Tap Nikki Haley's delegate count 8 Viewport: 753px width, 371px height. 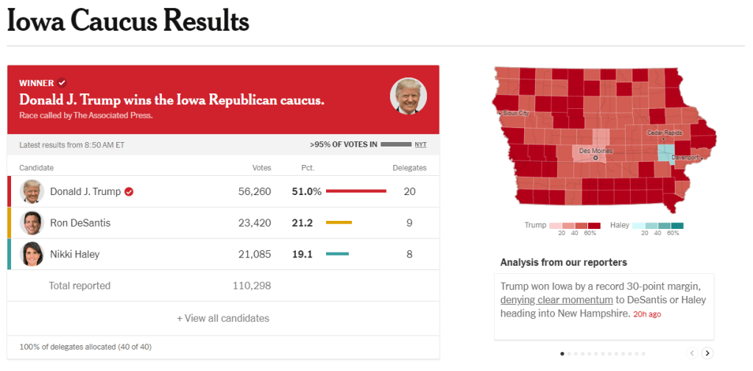click(x=409, y=255)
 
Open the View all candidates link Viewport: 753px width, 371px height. click(x=223, y=319)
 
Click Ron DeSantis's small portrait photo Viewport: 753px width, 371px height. click(x=32, y=223)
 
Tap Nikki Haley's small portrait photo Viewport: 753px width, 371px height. click(x=32, y=255)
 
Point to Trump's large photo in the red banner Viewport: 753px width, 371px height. click(x=408, y=96)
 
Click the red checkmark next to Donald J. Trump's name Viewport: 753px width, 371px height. click(x=129, y=191)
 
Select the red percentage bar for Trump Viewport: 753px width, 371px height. click(x=356, y=191)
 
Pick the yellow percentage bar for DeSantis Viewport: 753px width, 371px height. click(x=339, y=223)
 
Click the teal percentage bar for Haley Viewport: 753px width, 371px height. click(x=337, y=255)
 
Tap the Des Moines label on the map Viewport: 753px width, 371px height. click(x=596, y=151)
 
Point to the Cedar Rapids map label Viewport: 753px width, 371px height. click(x=665, y=132)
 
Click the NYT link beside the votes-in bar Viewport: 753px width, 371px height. click(x=420, y=145)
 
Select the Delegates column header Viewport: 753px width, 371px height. click(x=409, y=168)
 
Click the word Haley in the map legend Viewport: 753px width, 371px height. click(x=620, y=225)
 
